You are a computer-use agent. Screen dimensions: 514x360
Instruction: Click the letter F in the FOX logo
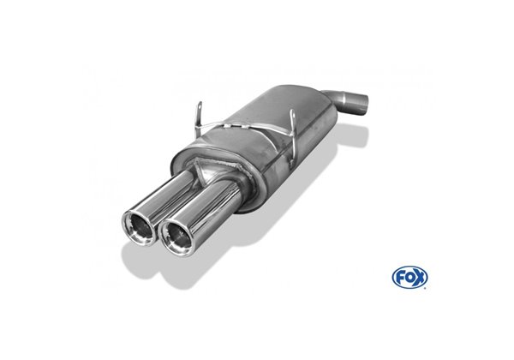[399, 278]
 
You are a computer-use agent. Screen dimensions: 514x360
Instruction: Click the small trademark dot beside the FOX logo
[426, 288]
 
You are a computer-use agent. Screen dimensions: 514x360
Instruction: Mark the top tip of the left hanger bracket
[200, 103]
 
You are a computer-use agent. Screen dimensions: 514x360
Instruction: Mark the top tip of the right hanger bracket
[292, 110]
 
